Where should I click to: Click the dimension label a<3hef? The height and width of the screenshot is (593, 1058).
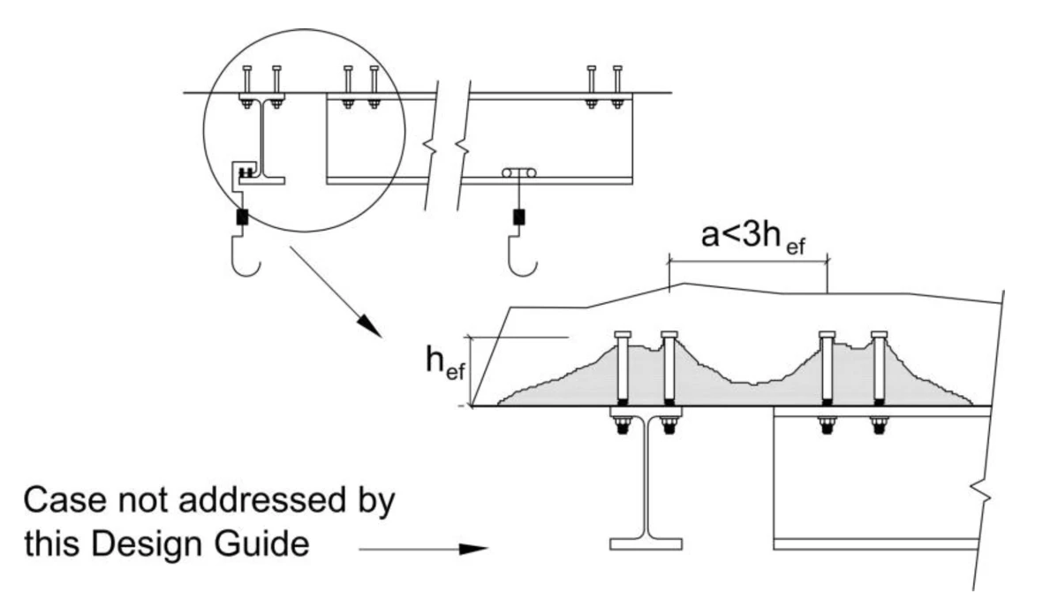click(753, 237)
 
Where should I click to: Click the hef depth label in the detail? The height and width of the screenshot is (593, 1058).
click(445, 361)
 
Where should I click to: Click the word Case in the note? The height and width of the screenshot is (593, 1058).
click(64, 500)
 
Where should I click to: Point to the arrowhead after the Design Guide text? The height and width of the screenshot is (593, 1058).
click(473, 549)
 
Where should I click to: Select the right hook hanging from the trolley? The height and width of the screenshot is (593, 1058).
click(522, 256)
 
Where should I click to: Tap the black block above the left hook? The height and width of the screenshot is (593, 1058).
click(242, 217)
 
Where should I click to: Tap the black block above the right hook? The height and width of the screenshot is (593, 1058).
click(519, 217)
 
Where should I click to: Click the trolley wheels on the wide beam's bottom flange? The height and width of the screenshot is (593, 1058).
click(518, 173)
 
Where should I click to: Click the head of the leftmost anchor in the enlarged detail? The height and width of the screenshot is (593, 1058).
click(622, 335)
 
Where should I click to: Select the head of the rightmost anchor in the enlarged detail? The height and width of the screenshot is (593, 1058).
click(879, 335)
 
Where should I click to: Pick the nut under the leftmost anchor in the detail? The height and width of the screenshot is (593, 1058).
click(622, 426)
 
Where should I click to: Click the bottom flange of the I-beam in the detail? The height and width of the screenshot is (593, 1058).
click(646, 544)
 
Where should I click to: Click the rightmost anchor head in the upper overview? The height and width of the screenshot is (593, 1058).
click(616, 68)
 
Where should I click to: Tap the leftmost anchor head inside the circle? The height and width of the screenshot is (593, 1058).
click(246, 68)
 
